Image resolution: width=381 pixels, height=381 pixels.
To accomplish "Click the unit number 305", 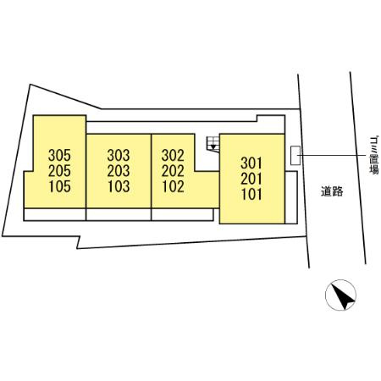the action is pos(59,155).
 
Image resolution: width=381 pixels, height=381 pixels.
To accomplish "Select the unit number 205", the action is pos(59,171).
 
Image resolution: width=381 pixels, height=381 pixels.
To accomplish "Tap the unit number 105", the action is pos(59,186).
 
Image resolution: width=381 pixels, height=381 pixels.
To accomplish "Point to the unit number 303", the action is pos(119,155).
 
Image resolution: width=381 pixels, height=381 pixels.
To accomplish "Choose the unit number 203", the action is pos(119,171).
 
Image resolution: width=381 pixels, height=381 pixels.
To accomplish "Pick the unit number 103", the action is pos(119,186).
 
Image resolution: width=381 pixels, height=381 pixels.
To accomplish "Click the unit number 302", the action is pos(173,155).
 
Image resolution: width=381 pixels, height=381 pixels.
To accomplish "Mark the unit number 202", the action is pos(173,171).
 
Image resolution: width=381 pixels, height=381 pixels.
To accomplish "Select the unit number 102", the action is pos(173,186).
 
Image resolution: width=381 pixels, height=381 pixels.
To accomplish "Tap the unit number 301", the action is pos(251,163).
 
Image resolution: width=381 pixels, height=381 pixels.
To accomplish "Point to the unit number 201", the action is pos(251,179).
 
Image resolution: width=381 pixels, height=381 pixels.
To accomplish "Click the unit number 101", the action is pos(251,194).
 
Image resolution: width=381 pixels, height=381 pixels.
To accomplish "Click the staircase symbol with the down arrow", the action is pos(213,144).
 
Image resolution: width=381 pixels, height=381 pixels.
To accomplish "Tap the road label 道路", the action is pos(332,191).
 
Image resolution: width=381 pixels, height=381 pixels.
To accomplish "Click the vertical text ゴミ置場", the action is pos(374,155).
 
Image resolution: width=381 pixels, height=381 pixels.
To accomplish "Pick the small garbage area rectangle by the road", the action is pos(295,155).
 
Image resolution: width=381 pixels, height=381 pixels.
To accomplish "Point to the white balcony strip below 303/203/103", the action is pos(119,214).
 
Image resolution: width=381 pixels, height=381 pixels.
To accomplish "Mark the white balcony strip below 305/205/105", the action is pos(55,214).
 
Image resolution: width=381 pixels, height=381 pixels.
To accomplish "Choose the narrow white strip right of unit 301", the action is pos(291,197).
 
